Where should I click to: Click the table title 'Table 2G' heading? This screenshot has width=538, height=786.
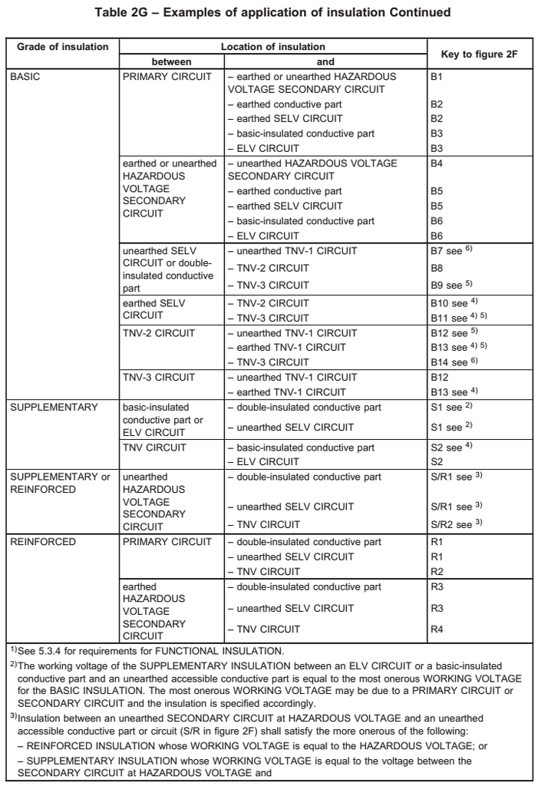coord(272,13)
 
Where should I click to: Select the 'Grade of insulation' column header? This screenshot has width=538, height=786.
coord(63,47)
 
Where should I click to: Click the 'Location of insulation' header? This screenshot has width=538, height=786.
coord(273,47)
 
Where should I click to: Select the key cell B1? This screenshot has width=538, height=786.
coord(437,77)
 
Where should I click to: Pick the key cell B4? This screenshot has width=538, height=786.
coord(437,163)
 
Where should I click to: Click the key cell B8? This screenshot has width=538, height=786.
coord(437,268)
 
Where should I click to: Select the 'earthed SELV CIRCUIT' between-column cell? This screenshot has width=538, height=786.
coord(153,309)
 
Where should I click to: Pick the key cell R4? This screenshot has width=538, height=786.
coord(437,629)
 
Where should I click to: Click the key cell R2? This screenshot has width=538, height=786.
coord(437,571)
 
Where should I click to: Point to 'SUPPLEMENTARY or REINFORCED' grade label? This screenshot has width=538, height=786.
coord(60,483)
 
